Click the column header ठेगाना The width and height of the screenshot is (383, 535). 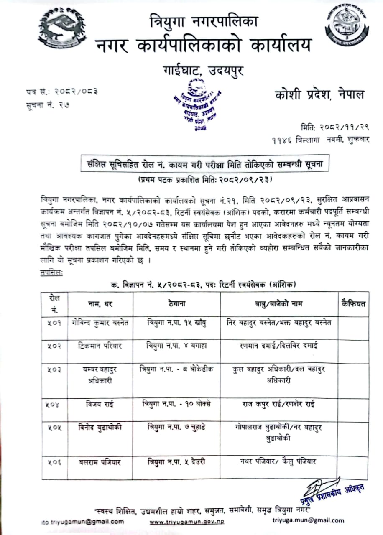[176, 304]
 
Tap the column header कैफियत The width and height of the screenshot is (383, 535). [353, 303]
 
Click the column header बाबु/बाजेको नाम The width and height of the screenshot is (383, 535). [279, 304]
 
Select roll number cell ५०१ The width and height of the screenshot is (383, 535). [54, 323]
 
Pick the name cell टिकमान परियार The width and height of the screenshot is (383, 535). [100, 346]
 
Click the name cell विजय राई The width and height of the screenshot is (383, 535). [100, 404]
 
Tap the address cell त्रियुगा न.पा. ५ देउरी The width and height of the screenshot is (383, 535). [176, 461]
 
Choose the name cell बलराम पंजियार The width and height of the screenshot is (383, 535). [100, 462]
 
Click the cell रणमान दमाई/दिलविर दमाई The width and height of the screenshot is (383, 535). [279, 346]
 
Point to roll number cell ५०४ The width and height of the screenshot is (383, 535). [54, 404]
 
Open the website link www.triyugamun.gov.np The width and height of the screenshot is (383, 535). [187, 522]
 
